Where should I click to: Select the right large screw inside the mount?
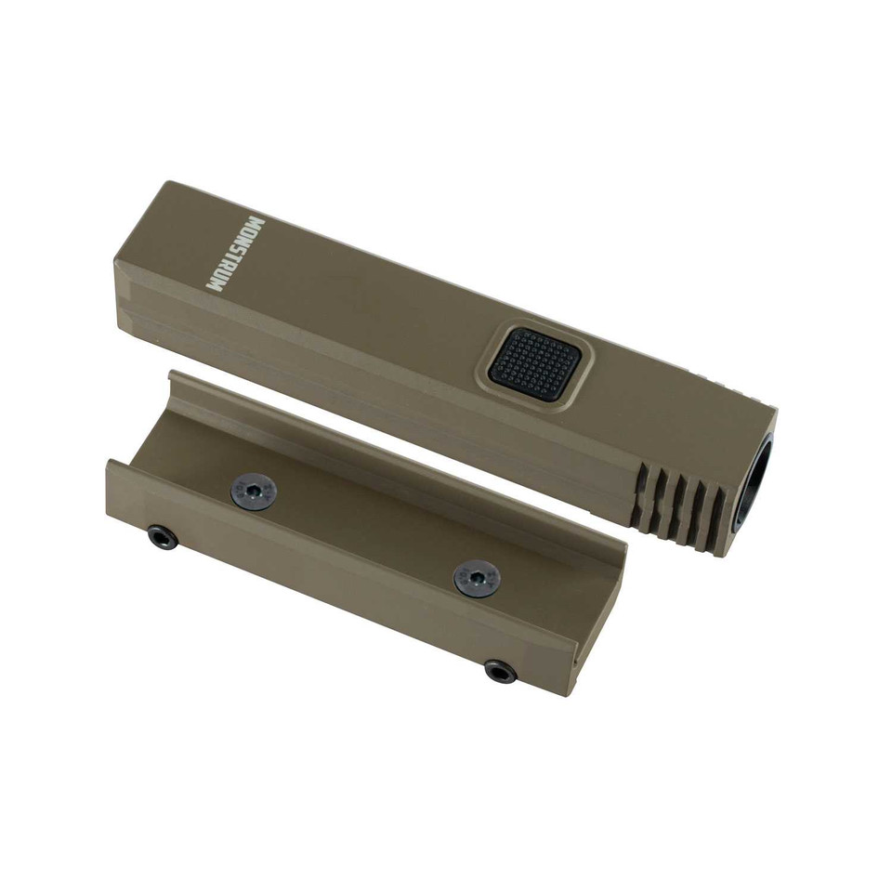click(477, 579)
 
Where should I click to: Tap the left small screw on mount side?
click(162, 536)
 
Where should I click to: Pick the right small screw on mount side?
click(501, 671)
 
